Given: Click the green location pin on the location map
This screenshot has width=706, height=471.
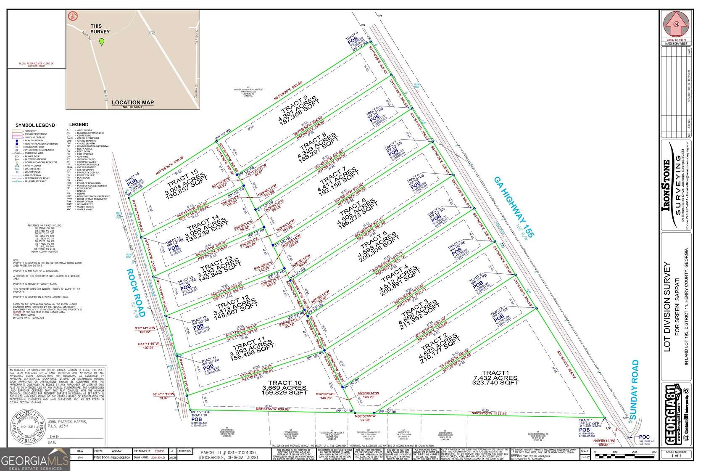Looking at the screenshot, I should point(101,42).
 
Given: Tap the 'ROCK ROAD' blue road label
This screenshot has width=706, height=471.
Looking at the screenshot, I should point(135,293).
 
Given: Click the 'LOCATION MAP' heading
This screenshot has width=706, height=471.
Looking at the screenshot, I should point(132,102).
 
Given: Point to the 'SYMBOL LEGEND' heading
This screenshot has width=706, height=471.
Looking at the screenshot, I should point(35,125).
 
